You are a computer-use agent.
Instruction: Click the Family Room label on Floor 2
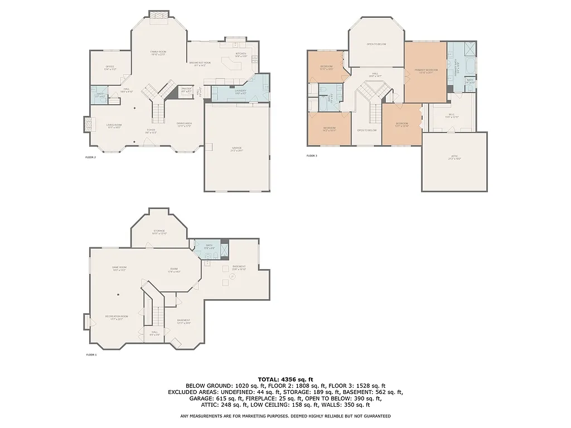(x=158, y=52)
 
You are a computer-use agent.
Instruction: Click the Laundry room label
(x=240, y=91)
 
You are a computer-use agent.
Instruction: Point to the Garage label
(x=237, y=149)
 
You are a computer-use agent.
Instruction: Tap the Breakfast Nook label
(x=199, y=64)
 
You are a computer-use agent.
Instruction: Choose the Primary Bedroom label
(x=425, y=71)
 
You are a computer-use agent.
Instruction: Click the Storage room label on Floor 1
(x=159, y=232)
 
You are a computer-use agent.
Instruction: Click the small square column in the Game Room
(x=118, y=294)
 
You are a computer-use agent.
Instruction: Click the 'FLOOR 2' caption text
(x=90, y=158)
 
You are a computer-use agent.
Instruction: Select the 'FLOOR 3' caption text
(x=312, y=155)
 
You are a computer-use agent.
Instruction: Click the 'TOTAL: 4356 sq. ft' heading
(x=285, y=379)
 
